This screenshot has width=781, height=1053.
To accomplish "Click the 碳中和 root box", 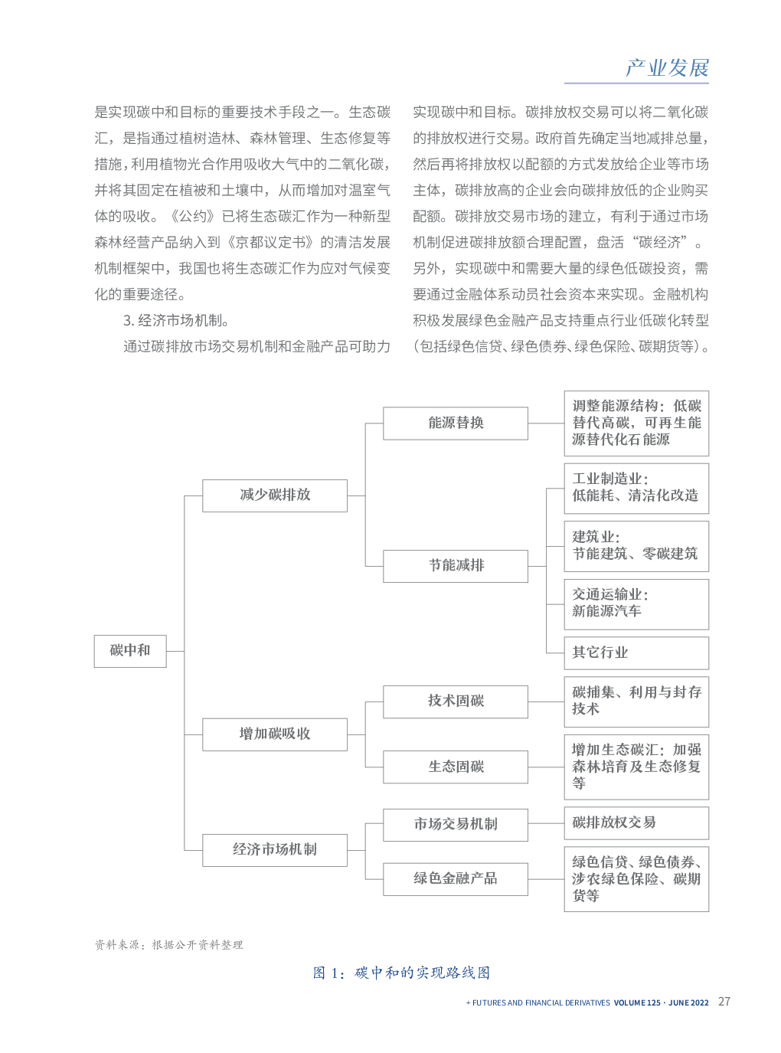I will tap(130, 651).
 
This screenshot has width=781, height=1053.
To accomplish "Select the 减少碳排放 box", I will tap(275, 495).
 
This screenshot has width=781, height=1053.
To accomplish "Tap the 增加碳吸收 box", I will tap(275, 734).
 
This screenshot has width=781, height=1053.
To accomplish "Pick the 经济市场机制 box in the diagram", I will tap(275, 850).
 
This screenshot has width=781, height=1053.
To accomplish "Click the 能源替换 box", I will tap(456, 423).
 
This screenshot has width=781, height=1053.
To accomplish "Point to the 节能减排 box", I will tap(456, 566).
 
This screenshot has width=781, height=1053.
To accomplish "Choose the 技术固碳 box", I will tap(456, 701).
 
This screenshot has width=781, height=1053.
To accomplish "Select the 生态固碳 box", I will tap(456, 767).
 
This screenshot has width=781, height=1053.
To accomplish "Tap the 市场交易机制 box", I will tap(456, 825).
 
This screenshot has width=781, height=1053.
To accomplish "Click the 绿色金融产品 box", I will tap(456, 879).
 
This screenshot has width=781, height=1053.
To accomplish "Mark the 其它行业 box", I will tap(636, 653).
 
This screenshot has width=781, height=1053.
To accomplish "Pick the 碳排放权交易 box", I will tap(636, 823).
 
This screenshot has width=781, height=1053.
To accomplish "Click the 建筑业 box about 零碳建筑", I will tap(636, 546).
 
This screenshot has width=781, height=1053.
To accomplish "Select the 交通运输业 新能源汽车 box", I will tap(636, 603).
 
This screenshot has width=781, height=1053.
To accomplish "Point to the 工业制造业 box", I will tap(636, 488).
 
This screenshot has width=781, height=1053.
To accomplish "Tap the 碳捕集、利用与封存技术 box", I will tap(636, 701).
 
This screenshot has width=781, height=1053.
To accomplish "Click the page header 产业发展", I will tap(667, 68).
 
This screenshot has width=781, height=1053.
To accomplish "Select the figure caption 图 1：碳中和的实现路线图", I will tap(402, 973).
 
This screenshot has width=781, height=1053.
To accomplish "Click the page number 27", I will tap(724, 1002).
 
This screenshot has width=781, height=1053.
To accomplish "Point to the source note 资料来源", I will tap(168, 945).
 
